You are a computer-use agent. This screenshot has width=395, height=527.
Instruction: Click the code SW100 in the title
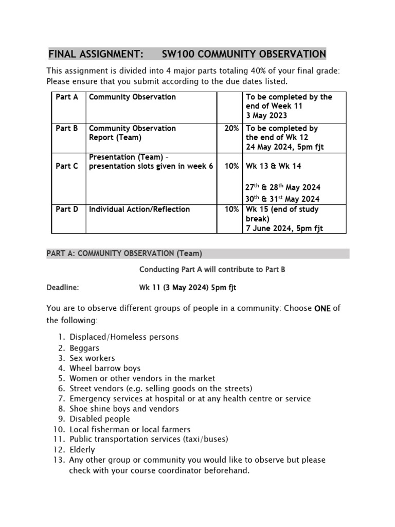click(x=177, y=55)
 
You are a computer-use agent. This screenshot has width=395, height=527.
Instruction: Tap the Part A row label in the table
click(x=67, y=97)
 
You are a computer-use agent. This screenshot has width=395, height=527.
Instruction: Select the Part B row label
click(x=67, y=128)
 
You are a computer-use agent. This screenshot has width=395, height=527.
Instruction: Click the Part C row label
click(x=67, y=166)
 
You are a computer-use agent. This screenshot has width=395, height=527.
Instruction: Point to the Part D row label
click(x=67, y=209)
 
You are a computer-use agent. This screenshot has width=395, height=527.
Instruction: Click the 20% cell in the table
click(x=231, y=128)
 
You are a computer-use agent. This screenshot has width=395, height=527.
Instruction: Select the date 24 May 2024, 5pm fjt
click(x=285, y=147)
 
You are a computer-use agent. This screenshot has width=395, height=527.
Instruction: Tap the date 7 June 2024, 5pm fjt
click(x=284, y=229)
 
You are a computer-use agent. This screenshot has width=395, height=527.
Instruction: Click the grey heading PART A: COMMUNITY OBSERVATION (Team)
click(x=124, y=253)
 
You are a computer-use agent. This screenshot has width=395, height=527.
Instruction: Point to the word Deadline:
click(x=63, y=288)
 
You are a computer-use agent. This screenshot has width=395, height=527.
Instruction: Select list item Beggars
click(x=84, y=348)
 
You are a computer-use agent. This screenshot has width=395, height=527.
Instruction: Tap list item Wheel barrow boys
click(x=105, y=368)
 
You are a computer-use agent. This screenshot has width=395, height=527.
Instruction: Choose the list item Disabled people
click(x=100, y=419)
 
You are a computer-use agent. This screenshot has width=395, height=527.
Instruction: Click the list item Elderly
click(x=82, y=449)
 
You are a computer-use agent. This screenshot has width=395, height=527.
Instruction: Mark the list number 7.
click(x=60, y=398)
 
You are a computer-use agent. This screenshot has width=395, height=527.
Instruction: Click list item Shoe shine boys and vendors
click(x=124, y=409)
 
